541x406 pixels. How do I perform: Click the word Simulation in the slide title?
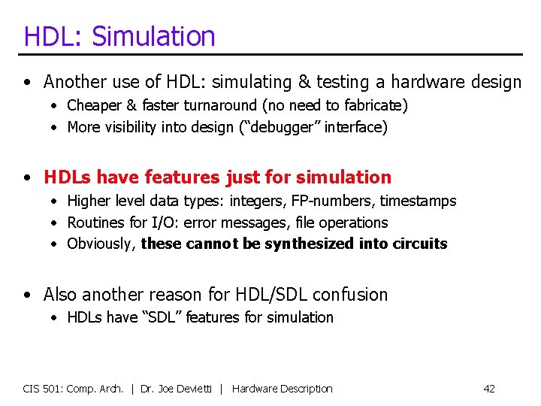click(x=153, y=36)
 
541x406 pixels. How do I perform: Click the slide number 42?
click(x=489, y=389)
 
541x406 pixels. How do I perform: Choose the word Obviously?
click(x=99, y=244)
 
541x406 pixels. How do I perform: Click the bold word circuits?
click(x=420, y=244)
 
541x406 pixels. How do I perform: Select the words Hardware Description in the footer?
click(x=283, y=389)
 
